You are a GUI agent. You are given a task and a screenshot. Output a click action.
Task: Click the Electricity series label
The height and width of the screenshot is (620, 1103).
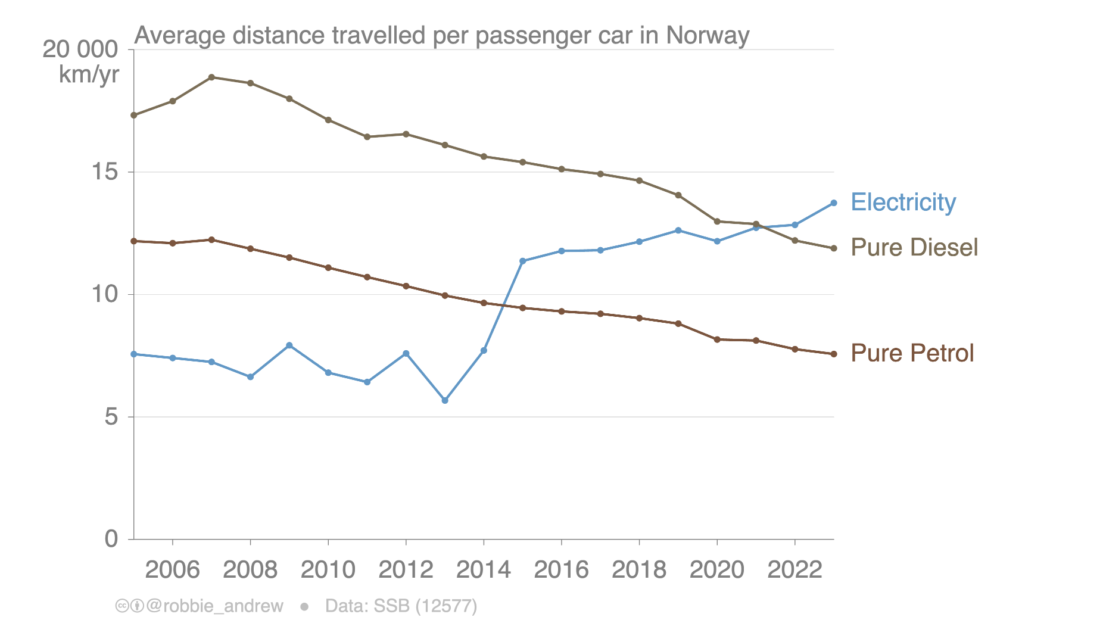pyautogui.click(x=903, y=202)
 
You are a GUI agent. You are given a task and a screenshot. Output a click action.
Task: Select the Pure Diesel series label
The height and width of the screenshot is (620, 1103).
pyautogui.click(x=914, y=248)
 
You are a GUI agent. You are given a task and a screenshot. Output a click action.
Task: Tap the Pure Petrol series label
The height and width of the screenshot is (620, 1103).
pyautogui.click(x=912, y=353)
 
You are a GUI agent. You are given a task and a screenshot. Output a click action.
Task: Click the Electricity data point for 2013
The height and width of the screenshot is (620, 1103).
pyautogui.click(x=445, y=401)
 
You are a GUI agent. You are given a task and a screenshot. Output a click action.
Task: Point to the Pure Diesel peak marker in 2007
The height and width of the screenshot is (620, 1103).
pyautogui.click(x=211, y=77)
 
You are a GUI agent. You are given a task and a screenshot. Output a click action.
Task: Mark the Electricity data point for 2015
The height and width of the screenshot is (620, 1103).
pyautogui.click(x=522, y=261)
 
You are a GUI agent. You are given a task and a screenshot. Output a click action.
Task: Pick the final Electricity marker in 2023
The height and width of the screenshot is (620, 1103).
pyautogui.click(x=834, y=203)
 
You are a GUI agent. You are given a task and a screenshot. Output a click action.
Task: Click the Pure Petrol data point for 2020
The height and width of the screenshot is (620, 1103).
pyautogui.click(x=717, y=339)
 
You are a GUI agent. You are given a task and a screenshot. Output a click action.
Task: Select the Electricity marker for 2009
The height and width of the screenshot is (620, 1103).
pyautogui.click(x=289, y=345)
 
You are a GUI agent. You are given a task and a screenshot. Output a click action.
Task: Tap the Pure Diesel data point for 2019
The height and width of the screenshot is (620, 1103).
pyautogui.click(x=678, y=195)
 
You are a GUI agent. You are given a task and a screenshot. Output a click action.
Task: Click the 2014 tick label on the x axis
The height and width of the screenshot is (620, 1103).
pyautogui.click(x=483, y=570)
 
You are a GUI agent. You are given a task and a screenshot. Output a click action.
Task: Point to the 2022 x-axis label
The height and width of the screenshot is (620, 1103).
pyautogui.click(x=794, y=570)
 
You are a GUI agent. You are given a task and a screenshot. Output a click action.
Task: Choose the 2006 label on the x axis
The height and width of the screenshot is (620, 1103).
pyautogui.click(x=172, y=570)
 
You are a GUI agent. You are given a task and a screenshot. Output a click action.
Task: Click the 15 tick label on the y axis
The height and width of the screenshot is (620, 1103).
pyautogui.click(x=104, y=172)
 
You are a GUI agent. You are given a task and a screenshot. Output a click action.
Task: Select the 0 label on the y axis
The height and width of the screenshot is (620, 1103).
pyautogui.click(x=111, y=539)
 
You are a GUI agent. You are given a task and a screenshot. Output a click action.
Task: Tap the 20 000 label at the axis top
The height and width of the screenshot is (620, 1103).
pyautogui.click(x=80, y=49)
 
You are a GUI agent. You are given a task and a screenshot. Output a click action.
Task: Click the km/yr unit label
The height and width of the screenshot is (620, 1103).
pyautogui.click(x=89, y=75)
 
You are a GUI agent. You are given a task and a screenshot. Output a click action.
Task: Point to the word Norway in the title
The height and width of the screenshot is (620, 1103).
pyautogui.click(x=708, y=36)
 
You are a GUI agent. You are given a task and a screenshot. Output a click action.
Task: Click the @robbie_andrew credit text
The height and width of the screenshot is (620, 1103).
pyautogui.click(x=214, y=606)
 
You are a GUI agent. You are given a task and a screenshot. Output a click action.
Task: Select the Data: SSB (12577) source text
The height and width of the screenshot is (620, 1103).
pyautogui.click(x=401, y=606)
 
